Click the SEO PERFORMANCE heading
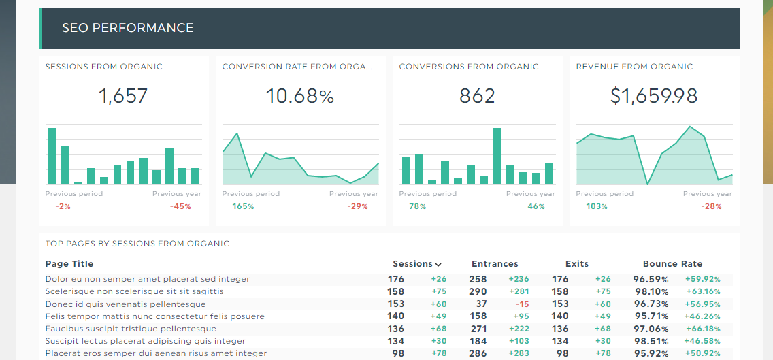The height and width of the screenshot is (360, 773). coord(128,28)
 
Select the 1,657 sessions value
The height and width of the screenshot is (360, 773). coord(123,96)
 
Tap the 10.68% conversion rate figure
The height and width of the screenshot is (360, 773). coord(300,96)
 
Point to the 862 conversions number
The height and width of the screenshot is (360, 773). coord(477,96)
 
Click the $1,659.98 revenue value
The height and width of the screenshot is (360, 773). coord(654,96)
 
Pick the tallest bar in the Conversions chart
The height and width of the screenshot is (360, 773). coord(497,156)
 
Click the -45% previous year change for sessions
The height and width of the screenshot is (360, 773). coord(180,206)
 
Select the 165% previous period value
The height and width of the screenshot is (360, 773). coord(243,206)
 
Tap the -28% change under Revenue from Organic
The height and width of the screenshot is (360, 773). coord(711,206)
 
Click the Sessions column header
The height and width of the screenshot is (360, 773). coord(412,264)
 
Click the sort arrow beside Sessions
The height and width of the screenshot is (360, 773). coord(438,265)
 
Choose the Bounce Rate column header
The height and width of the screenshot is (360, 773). coord(672,264)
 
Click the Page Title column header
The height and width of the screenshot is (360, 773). coord(69,264)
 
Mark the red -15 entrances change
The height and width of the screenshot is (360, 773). coord(522,304)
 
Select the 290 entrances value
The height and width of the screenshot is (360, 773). coord(478,291)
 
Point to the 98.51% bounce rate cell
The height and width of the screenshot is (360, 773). coord(651,341)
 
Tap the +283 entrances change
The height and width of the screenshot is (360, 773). coord(519,353)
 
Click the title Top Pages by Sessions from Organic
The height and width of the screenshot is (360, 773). coord(137,244)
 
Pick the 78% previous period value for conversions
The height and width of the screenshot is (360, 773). coord(417,206)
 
